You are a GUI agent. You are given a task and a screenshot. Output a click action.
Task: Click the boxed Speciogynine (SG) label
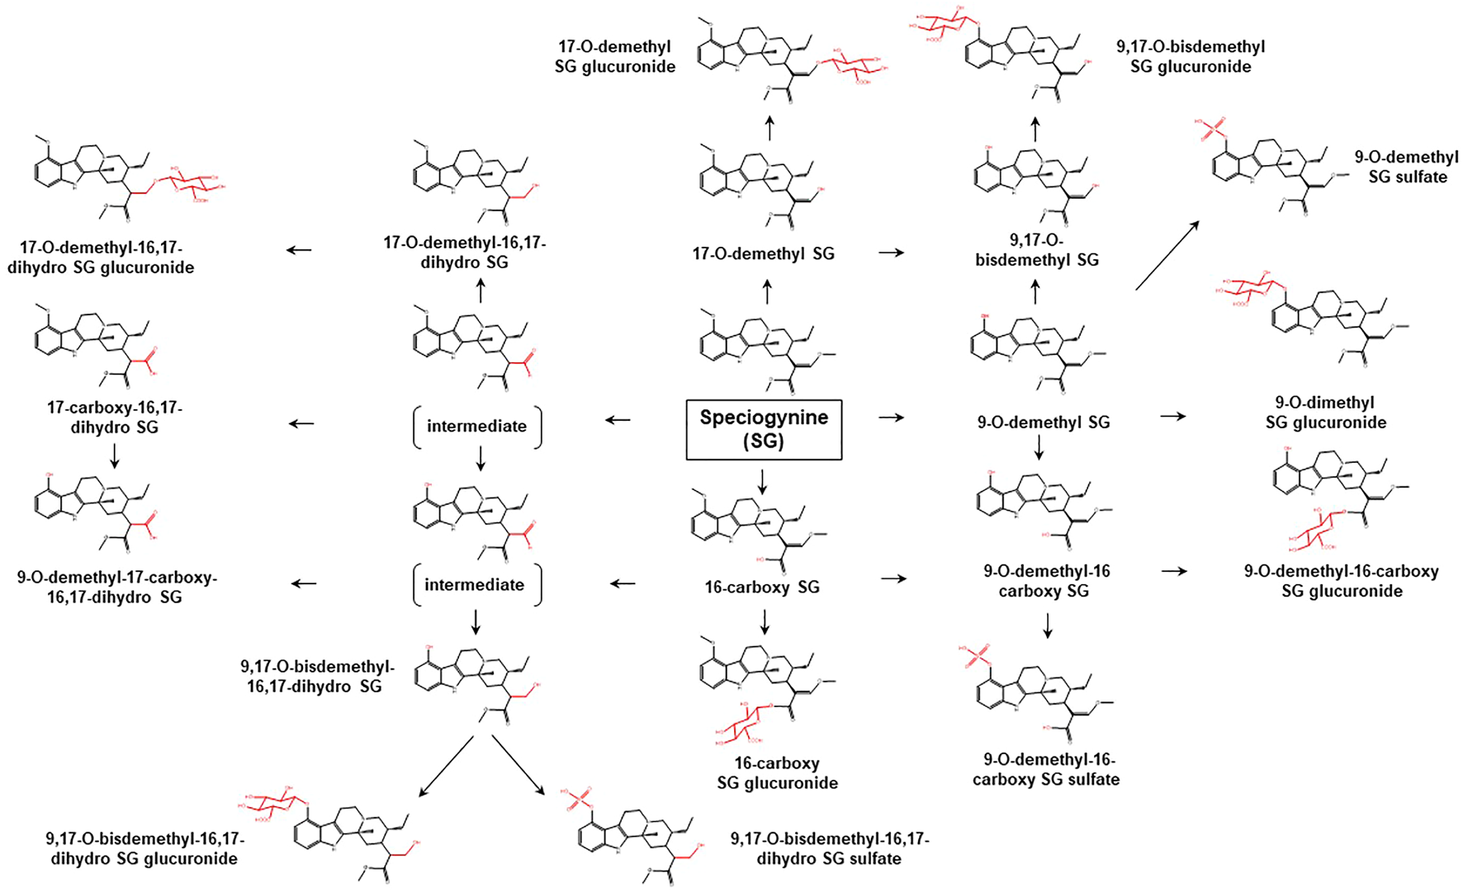(764, 429)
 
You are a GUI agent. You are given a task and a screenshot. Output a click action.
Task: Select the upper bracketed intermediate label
(476, 427)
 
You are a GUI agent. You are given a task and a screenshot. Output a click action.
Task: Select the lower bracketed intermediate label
(475, 585)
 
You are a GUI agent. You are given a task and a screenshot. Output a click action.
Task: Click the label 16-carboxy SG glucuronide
(777, 773)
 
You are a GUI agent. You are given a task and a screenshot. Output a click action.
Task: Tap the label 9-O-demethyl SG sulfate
(1407, 167)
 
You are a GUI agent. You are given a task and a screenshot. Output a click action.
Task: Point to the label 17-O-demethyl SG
(763, 254)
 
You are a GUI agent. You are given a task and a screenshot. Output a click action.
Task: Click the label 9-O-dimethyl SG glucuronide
(1325, 413)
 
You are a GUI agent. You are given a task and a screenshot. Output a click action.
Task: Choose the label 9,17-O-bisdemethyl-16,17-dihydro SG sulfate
(830, 848)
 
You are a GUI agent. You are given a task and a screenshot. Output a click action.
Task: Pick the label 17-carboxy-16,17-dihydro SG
(114, 418)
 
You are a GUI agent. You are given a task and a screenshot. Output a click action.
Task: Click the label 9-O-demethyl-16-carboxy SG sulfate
(1046, 769)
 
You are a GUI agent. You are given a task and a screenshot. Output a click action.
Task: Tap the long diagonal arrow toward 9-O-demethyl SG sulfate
(1167, 255)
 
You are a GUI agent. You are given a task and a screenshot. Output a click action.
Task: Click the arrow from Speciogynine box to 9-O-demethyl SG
(891, 418)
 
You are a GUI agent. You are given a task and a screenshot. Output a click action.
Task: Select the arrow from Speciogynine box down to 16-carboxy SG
(762, 481)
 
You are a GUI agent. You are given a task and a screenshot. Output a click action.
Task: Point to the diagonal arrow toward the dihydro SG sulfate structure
(518, 764)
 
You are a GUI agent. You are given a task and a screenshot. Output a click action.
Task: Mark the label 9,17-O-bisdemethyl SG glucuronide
(1190, 57)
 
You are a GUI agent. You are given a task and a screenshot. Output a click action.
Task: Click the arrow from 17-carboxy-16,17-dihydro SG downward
(115, 455)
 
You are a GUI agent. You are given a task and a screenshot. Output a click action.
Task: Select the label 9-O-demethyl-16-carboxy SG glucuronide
(1341, 581)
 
